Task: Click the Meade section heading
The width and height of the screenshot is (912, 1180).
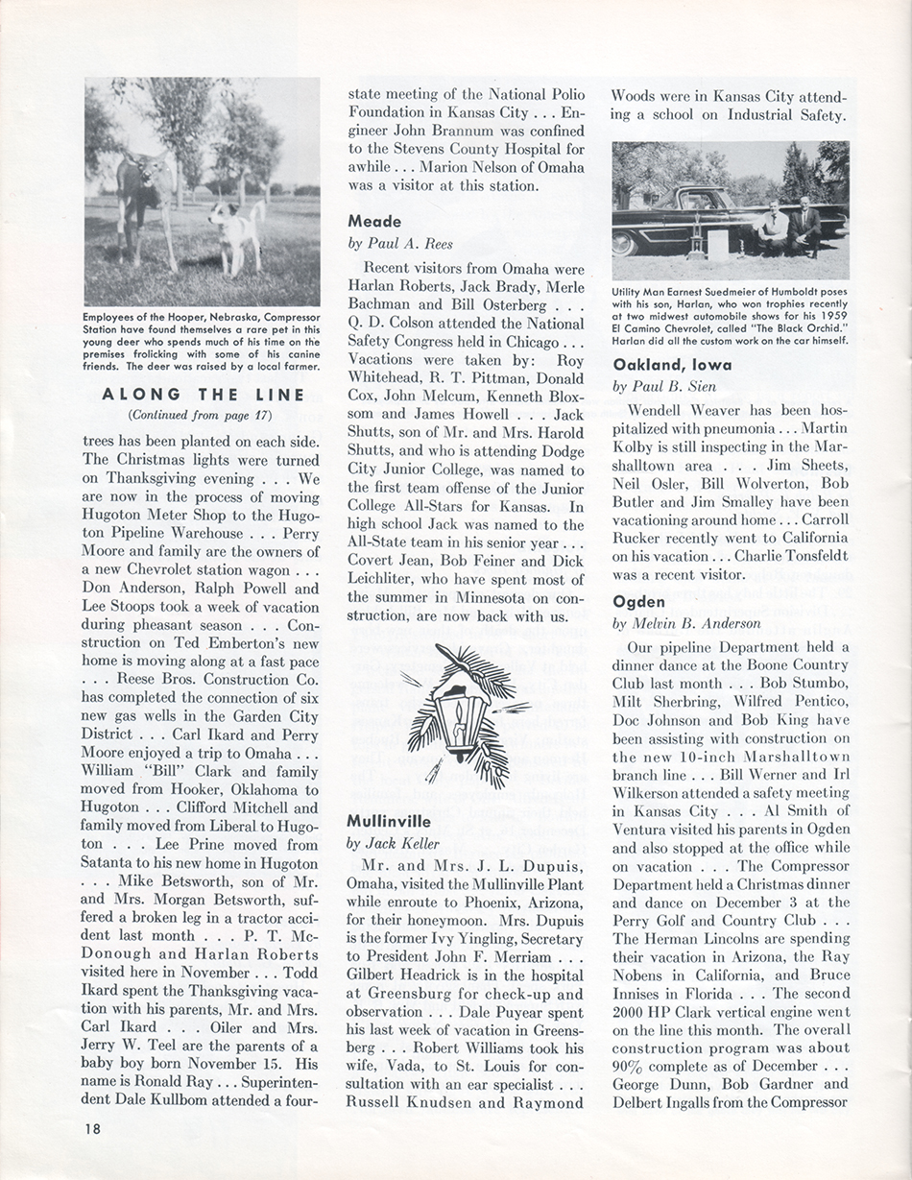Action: click(x=374, y=221)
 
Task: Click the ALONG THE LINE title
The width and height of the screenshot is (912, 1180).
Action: click(x=203, y=395)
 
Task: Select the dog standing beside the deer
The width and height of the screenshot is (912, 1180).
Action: click(x=233, y=235)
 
